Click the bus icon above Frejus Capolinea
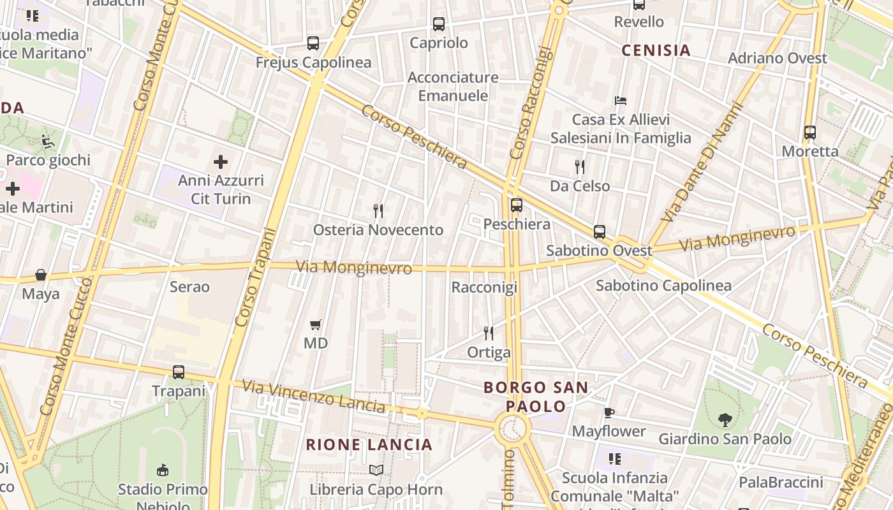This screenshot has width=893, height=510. pyautogui.click(x=313, y=43)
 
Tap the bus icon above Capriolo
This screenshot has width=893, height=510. pyautogui.click(x=438, y=24)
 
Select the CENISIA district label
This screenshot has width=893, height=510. pyautogui.click(x=656, y=50)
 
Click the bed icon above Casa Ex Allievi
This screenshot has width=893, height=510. pyautogui.click(x=621, y=100)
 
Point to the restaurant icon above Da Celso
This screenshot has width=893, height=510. pyautogui.click(x=579, y=167)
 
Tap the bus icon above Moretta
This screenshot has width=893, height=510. pyautogui.click(x=809, y=133)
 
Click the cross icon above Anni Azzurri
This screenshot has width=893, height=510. pyautogui.click(x=221, y=162)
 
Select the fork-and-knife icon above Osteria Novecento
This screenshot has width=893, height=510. pyautogui.click(x=378, y=210)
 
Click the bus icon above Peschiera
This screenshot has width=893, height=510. pyautogui.click(x=516, y=205)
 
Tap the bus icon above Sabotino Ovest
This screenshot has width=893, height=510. pyautogui.click(x=599, y=231)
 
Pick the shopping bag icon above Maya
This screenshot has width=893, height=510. pyautogui.click(x=41, y=275)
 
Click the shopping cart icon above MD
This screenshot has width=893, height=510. pyautogui.click(x=315, y=324)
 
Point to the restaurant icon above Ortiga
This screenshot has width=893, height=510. pyautogui.click(x=489, y=333)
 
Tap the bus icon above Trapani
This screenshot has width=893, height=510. pyautogui.click(x=179, y=372)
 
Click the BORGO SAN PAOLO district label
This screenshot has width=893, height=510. pyautogui.click(x=536, y=397)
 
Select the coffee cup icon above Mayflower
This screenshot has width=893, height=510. pyautogui.click(x=609, y=412)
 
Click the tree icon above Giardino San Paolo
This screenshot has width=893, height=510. pyautogui.click(x=725, y=420)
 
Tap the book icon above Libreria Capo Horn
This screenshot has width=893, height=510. pyautogui.click(x=376, y=470)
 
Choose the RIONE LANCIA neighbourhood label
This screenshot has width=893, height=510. pyautogui.click(x=369, y=444)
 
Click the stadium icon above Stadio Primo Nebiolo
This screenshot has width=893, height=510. pyautogui.click(x=163, y=470)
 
